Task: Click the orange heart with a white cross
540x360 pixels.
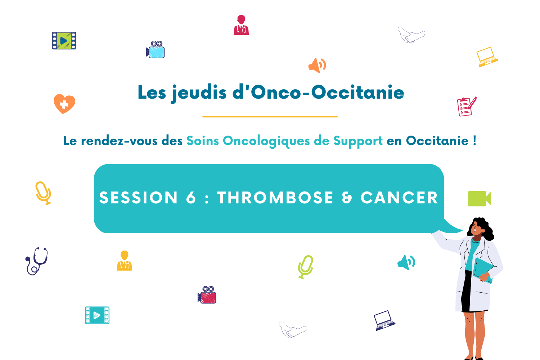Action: point(64,104)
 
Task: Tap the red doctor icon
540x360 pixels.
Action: point(241,25)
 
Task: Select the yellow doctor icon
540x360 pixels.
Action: point(125,261)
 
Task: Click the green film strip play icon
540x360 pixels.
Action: point(64,41)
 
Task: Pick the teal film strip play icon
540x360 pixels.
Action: point(97,315)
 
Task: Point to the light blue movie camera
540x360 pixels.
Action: point(156,49)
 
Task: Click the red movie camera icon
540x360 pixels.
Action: point(207,294)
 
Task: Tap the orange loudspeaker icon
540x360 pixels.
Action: point(317,65)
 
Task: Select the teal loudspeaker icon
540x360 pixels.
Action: point(406,262)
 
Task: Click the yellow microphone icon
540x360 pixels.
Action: point(43,193)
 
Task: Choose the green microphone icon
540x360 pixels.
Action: point(306,267)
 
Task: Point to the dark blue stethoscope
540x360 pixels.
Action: point(37,261)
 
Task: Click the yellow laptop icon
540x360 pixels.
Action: point(487,57)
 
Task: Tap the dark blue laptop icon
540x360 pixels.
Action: point(384,320)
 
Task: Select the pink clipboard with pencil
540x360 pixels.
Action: point(467,107)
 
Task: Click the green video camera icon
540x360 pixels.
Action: point(480,199)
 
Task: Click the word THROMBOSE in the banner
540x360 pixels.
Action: point(275,198)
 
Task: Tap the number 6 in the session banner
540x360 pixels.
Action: point(191,198)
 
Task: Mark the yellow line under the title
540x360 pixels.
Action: point(270,117)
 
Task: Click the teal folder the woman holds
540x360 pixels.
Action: point(483,270)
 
